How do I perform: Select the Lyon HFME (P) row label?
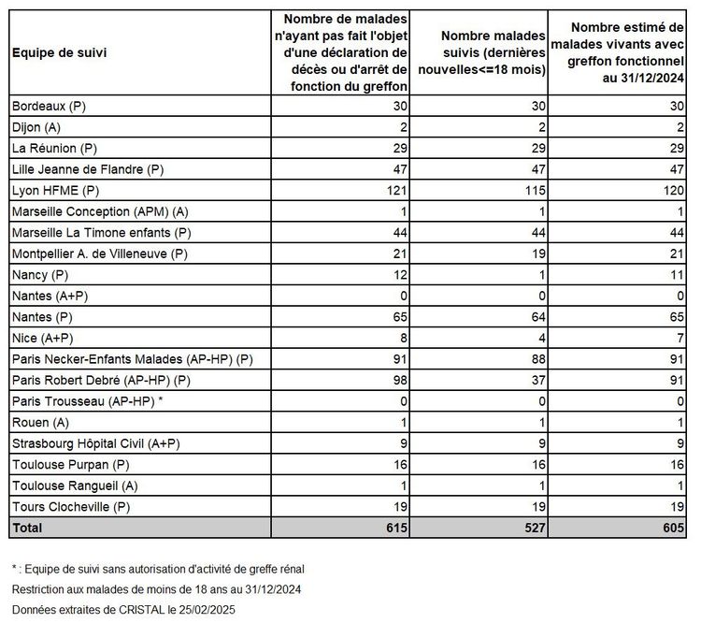click(x=54, y=190)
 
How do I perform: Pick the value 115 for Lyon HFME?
click(x=536, y=190)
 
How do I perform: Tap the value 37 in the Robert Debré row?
click(x=540, y=380)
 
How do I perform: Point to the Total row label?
click(x=27, y=528)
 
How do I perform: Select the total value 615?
click(x=395, y=528)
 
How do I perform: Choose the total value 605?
click(x=671, y=528)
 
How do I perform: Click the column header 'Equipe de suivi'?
click(x=59, y=53)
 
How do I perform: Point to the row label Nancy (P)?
click(x=40, y=274)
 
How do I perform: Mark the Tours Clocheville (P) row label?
click(x=70, y=506)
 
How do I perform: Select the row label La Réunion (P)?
click(x=54, y=148)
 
